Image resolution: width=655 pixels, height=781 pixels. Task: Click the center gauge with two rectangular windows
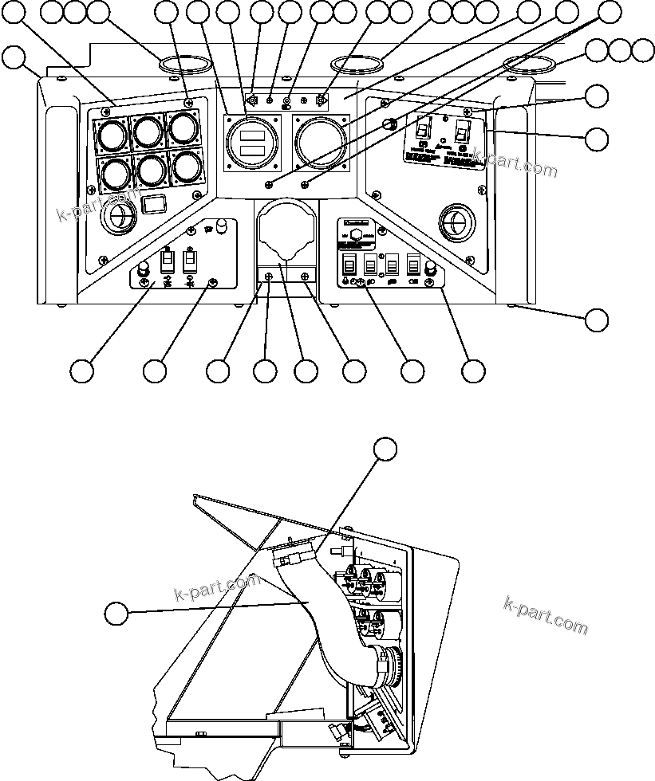click(252, 143)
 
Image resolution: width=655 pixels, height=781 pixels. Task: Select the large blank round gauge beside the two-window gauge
click(320, 141)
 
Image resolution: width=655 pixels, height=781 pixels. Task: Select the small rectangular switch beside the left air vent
click(152, 206)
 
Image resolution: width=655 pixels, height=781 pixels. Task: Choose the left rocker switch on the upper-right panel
click(424, 128)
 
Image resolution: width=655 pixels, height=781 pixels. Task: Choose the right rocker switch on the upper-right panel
click(461, 129)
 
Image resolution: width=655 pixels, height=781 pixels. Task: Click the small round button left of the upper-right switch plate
click(391, 124)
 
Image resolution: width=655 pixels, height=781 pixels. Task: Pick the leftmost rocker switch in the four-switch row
click(349, 265)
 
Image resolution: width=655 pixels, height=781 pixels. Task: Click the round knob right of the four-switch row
click(432, 268)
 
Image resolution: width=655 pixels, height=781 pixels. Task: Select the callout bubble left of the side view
click(117, 614)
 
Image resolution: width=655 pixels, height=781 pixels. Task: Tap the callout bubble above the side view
click(385, 448)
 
